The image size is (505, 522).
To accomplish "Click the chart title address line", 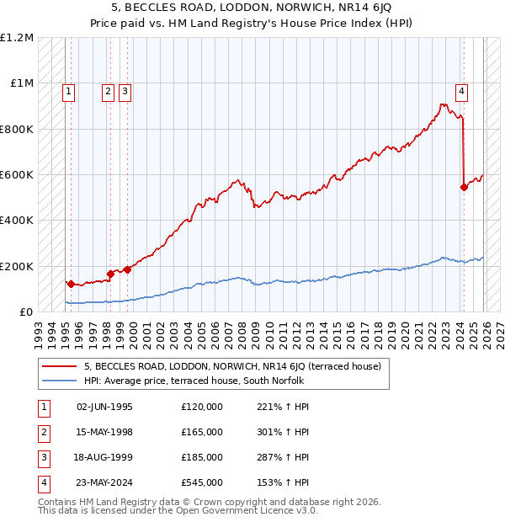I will point(252,8).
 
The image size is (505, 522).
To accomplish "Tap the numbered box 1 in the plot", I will point(68,93).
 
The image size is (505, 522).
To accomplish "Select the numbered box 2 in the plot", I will point(109,93).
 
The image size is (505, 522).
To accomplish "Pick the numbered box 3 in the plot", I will point(125,93).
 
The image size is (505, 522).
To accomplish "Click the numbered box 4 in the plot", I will point(462,93).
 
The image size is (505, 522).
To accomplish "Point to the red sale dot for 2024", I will point(464,187).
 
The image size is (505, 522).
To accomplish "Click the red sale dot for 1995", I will point(71,285).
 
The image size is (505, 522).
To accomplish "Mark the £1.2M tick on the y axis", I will point(18,38).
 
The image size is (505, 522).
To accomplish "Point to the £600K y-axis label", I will point(18,175).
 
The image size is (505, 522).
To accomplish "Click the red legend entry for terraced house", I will point(232,366).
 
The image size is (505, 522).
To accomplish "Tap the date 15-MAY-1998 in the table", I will point(104,432).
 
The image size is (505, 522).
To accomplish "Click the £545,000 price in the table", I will point(202,482).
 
